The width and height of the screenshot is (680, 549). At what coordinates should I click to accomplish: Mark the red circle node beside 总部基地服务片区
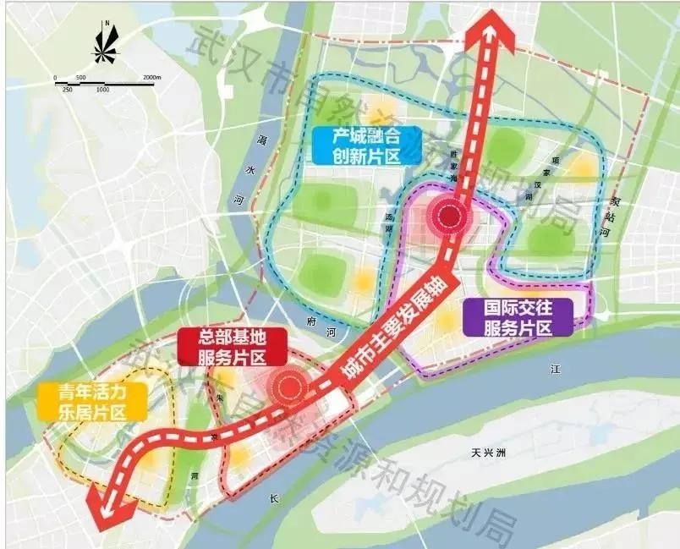(287, 388)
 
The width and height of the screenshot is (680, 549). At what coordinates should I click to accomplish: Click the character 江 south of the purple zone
(555, 370)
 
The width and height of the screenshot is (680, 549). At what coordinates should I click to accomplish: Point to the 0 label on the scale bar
(55, 78)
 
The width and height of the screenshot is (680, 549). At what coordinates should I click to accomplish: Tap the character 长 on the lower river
(273, 498)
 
